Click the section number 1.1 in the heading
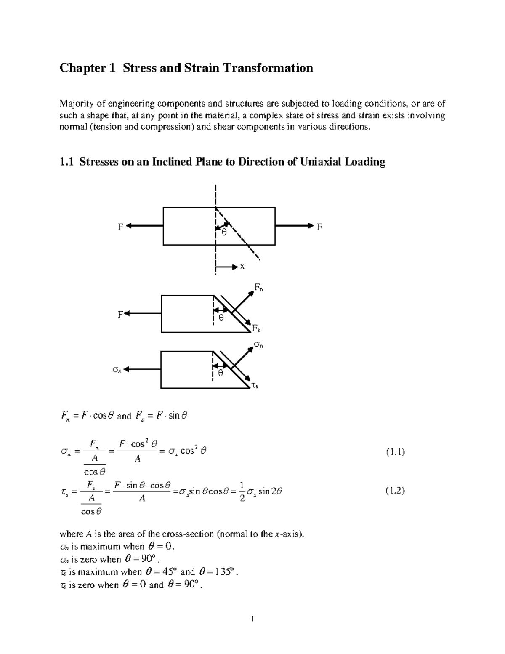tap(66, 162)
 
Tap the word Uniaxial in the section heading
tap(322, 162)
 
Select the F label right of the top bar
tap(319, 227)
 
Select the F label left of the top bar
tap(120, 227)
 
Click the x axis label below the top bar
tap(242, 267)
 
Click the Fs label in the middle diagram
tap(256, 328)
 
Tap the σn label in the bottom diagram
tap(258, 345)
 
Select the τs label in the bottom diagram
tap(255, 385)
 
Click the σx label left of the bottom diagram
tap(117, 370)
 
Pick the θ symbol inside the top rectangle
tap(224, 232)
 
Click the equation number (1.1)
tap(395, 452)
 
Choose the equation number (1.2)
tap(395, 490)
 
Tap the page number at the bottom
tap(252, 619)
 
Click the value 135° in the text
tap(222, 572)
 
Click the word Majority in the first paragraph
tap(74, 104)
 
